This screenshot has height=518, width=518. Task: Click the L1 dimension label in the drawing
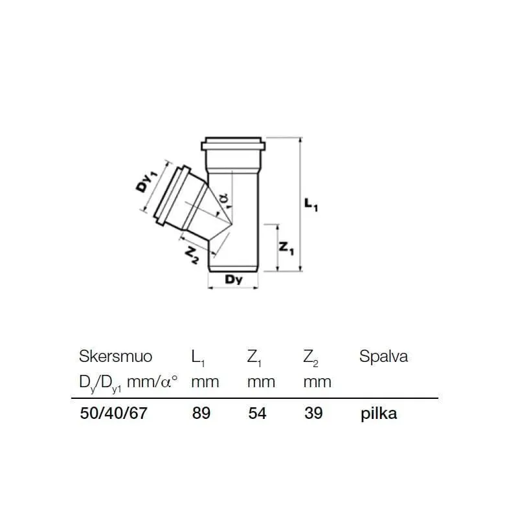click(311, 205)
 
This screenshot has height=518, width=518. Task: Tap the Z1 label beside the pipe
click(286, 248)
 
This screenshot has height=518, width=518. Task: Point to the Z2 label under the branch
click(192, 256)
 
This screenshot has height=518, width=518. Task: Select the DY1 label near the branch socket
click(146, 182)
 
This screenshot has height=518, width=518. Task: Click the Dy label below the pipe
click(234, 280)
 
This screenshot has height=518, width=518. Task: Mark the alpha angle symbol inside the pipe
click(223, 198)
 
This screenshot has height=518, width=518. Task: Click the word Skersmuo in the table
click(116, 357)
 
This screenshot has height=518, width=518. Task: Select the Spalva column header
click(383, 357)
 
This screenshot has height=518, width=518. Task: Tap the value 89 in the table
click(201, 413)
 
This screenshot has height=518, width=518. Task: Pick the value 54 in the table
click(257, 413)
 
